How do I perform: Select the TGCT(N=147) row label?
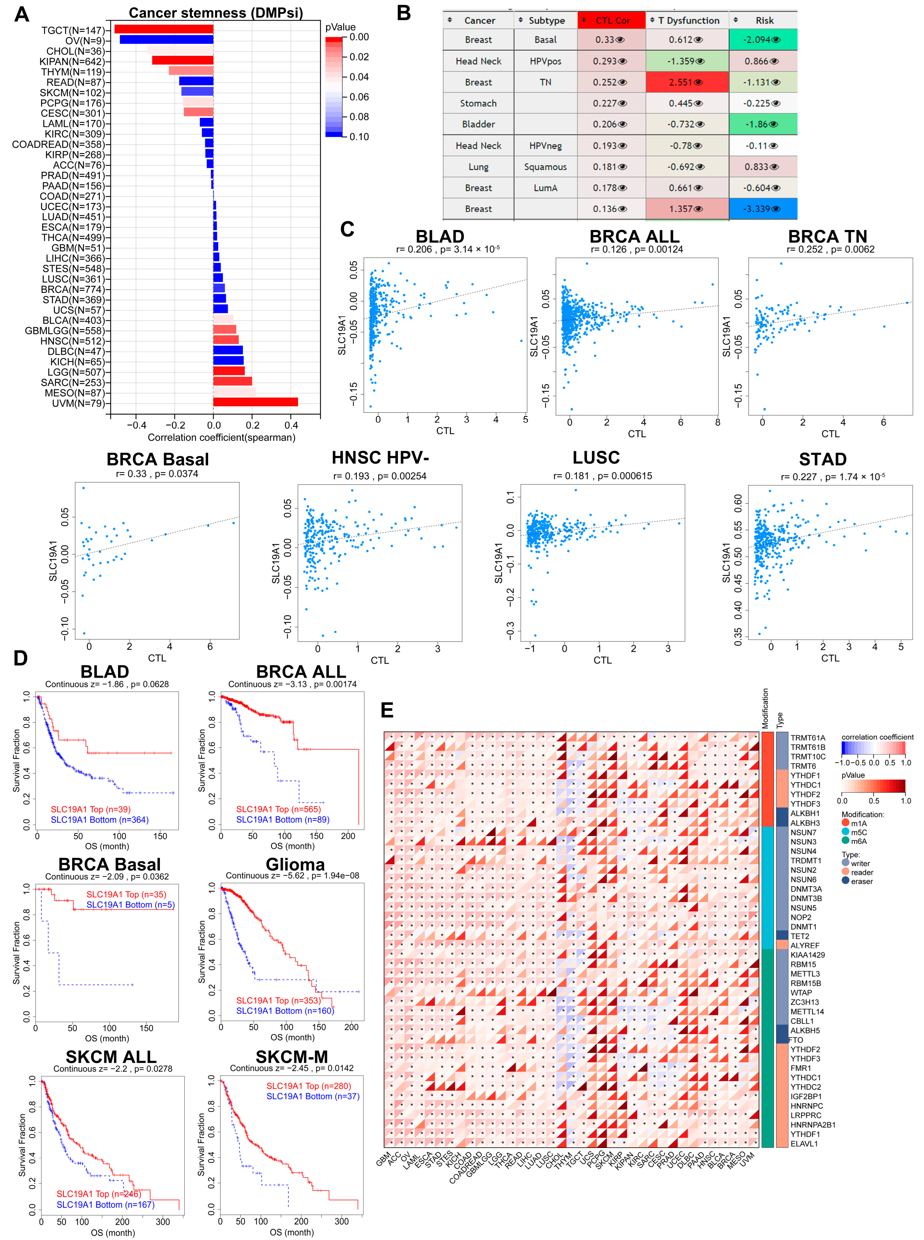[73, 30]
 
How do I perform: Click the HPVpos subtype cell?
[545, 61]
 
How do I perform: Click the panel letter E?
[387, 710]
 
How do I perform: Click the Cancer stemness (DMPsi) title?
[215, 13]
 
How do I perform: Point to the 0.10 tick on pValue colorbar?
[359, 137]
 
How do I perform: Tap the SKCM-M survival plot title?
[292, 1056]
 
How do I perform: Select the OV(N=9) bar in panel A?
[167, 40]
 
